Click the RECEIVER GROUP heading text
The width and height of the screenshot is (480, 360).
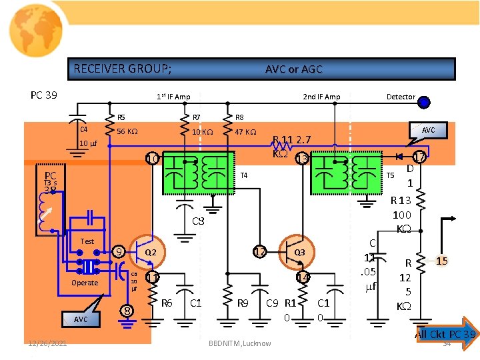[122, 69]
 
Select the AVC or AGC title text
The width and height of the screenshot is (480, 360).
[293, 69]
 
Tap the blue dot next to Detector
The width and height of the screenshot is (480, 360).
[423, 102]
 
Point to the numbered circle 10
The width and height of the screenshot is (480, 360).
[153, 159]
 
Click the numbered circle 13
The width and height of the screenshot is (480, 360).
[302, 159]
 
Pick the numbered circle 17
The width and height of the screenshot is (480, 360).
[419, 157]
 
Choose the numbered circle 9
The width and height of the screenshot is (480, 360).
[118, 252]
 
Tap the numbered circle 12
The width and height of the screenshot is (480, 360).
[259, 252]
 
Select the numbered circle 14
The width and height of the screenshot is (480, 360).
[302, 277]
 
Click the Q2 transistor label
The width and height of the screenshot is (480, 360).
[151, 253]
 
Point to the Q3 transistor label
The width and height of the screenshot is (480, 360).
[300, 253]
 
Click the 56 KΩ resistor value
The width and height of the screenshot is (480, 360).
[127, 131]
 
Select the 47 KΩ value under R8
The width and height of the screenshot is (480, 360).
[245, 131]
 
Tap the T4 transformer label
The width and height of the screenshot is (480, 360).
[244, 175]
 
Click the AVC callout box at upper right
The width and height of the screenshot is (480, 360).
[427, 130]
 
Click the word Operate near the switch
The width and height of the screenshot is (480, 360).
[85, 283]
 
